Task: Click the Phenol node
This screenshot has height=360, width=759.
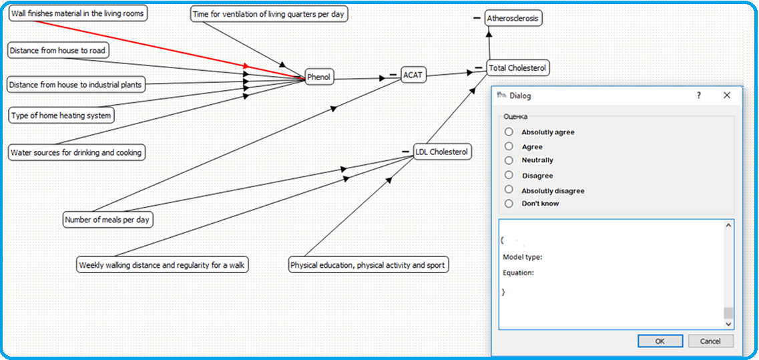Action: [x=320, y=76]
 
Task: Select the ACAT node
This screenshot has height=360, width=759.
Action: [x=413, y=75]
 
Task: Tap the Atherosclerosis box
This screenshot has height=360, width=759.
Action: [x=513, y=19]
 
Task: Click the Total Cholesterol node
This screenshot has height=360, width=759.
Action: [x=517, y=68]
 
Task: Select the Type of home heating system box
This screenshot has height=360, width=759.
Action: [x=61, y=116]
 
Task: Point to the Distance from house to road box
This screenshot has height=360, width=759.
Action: [x=57, y=50]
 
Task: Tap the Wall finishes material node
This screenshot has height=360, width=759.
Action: [x=77, y=13]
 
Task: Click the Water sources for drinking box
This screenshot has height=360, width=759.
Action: [x=77, y=153]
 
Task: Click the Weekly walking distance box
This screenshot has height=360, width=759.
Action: [x=163, y=265]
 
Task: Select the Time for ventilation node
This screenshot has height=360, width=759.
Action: [x=269, y=14]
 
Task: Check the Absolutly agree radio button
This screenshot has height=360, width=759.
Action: [x=509, y=132]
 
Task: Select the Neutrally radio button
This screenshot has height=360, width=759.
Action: [x=509, y=160]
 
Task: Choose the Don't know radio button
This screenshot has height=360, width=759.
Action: [x=509, y=204]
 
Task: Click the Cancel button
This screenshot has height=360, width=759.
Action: [x=710, y=341]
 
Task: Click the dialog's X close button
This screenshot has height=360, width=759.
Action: [x=726, y=96]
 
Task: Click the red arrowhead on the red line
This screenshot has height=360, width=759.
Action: [x=246, y=66]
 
